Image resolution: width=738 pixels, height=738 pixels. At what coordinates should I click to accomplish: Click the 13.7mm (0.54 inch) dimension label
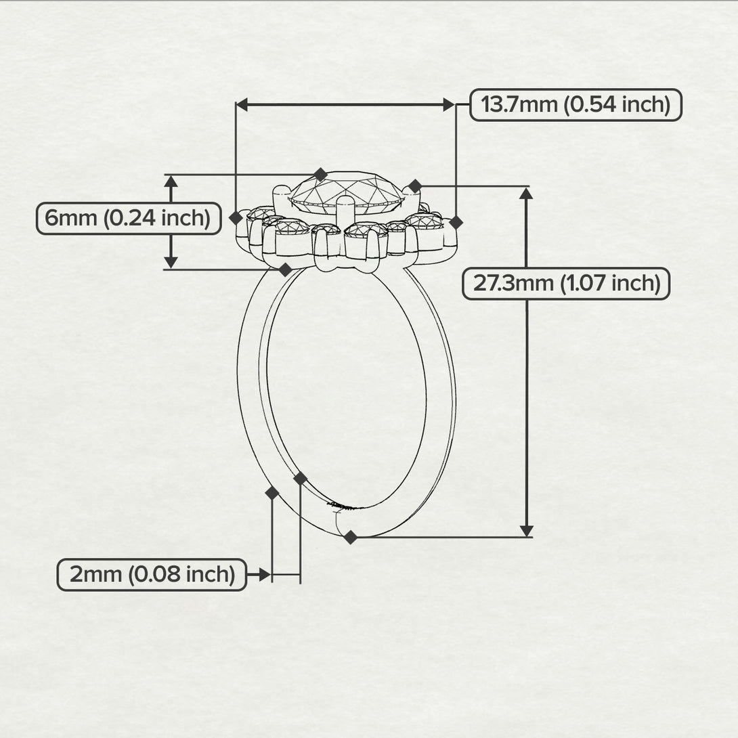tap(576, 104)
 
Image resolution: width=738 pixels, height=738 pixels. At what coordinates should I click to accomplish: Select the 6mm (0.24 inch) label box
tap(129, 219)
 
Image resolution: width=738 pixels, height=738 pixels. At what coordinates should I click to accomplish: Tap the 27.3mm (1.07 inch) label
tap(566, 283)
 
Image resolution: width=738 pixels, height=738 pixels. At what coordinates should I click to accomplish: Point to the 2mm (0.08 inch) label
tap(152, 575)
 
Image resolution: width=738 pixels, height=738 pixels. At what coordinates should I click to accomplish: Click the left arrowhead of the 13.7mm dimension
tap(242, 104)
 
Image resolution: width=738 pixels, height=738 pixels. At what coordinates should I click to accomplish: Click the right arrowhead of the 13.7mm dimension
tap(449, 104)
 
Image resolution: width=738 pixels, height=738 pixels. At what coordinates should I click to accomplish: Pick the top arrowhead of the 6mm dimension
tap(171, 181)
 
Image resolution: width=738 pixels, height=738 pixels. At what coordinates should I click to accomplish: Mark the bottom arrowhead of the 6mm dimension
tap(171, 263)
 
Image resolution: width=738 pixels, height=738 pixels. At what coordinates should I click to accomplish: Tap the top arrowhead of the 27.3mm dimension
tap(527, 193)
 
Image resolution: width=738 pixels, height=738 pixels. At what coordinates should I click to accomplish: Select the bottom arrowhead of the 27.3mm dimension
tap(527, 530)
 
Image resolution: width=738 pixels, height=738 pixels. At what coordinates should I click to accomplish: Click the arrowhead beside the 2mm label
tap(265, 575)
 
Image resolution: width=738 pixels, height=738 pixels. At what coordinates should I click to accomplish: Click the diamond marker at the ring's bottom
tap(350, 537)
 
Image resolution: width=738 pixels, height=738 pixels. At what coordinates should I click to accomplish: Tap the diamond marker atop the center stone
tap(320, 174)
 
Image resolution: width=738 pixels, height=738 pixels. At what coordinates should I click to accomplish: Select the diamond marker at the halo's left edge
tap(236, 218)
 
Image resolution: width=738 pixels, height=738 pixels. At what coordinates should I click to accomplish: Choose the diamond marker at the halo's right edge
tap(456, 222)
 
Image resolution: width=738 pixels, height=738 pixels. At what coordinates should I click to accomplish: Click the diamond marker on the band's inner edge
tap(301, 479)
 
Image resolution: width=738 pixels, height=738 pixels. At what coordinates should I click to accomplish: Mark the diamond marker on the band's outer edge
tap(272, 493)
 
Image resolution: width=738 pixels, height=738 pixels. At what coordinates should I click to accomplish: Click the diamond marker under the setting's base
tap(285, 269)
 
